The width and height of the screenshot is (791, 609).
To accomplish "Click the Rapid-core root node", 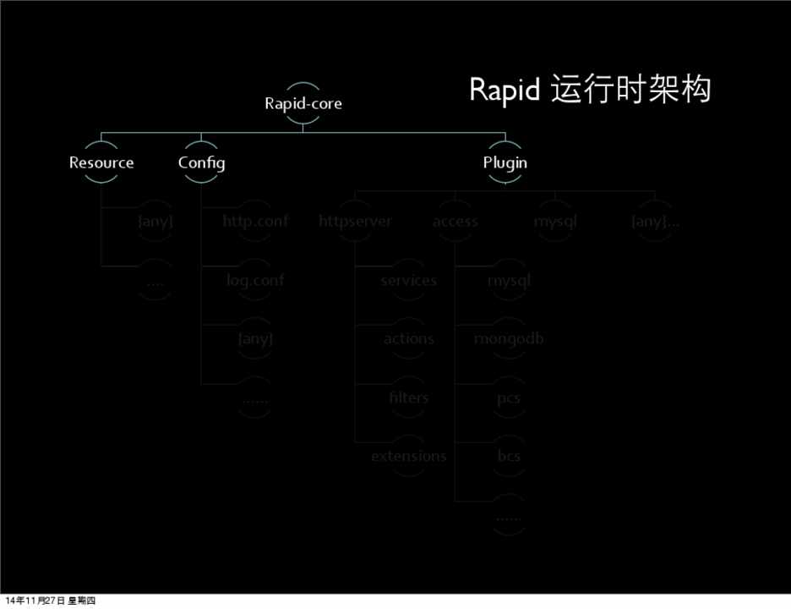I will [x=303, y=104].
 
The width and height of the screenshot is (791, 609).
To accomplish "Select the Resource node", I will [x=101, y=162].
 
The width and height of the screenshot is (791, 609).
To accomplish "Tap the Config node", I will [x=201, y=162].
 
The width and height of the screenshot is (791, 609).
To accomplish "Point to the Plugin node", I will [x=505, y=162].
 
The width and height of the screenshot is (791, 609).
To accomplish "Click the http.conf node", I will [x=254, y=222].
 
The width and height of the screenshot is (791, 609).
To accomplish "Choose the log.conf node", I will [x=254, y=280].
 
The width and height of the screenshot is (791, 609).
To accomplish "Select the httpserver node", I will [x=355, y=222].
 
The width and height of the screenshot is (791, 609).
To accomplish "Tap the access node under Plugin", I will [x=455, y=222].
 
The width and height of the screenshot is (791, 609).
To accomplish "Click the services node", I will [x=408, y=280].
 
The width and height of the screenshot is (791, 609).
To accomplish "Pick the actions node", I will [x=408, y=338].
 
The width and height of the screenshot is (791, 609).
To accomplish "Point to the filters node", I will [x=408, y=398].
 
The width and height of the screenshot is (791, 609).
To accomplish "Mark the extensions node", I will [x=408, y=456].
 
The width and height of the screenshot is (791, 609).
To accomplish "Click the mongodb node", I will [x=509, y=338].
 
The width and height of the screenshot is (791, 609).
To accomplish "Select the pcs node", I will [x=509, y=398].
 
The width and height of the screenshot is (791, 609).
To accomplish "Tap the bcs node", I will [x=509, y=456].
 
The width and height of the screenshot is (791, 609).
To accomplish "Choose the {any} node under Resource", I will [x=155, y=222].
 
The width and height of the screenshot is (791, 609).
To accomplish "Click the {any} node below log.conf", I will [x=254, y=338].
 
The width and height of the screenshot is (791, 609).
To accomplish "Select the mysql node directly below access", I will [x=509, y=280].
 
